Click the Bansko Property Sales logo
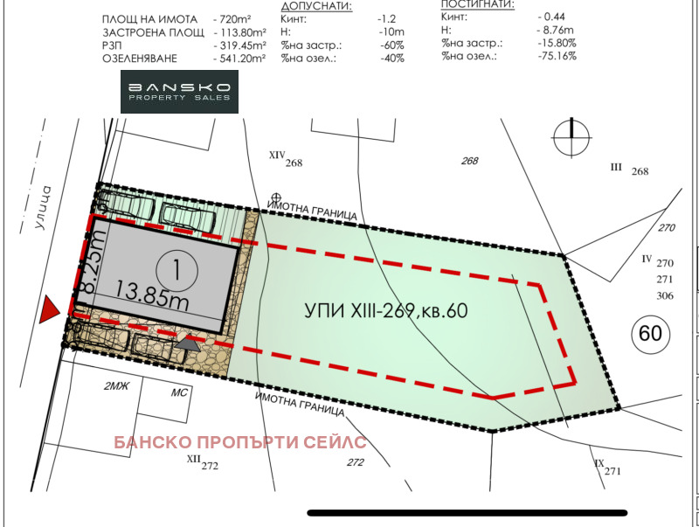tap(179, 93)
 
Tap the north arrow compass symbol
tap(571, 136)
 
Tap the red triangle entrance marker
tap(51, 307)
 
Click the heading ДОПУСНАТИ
tap(316, 5)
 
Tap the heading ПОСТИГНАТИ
tap(478, 4)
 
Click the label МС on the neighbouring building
tap(179, 392)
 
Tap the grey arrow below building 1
tap(186, 344)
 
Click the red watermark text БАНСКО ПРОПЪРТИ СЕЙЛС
tap(239, 442)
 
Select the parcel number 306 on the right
tap(665, 295)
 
